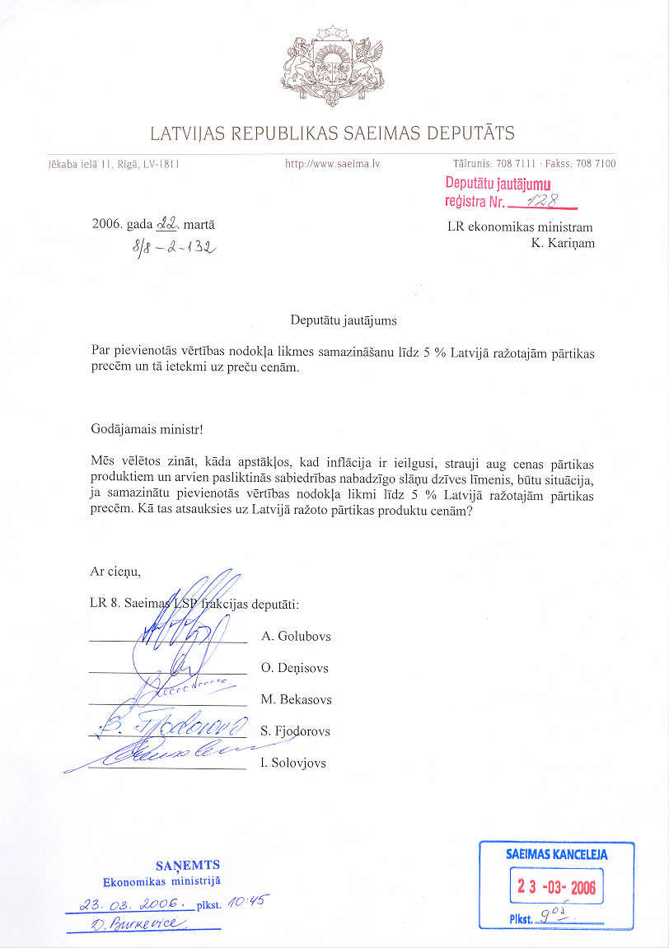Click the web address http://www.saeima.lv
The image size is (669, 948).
click(332, 164)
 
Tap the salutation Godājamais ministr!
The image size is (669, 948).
click(147, 428)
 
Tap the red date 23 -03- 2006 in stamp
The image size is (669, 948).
click(556, 887)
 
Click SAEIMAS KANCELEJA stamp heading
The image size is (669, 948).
click(556, 855)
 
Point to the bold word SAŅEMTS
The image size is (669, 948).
click(188, 865)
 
